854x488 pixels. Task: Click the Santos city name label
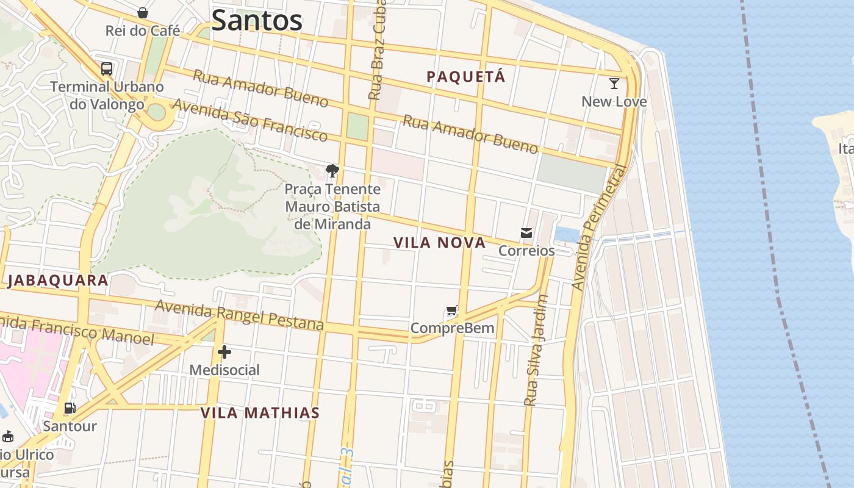(257, 20)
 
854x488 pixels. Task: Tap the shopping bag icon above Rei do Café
(143, 13)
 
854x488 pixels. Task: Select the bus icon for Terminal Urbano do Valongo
(107, 69)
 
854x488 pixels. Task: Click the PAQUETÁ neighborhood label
(466, 77)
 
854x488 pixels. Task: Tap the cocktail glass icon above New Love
(614, 84)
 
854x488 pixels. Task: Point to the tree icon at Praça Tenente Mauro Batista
(332, 171)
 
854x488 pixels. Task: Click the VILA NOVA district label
(439, 243)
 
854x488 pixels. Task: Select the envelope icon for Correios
(526, 233)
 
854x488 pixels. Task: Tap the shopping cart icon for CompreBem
(451, 311)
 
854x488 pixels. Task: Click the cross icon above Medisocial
(224, 352)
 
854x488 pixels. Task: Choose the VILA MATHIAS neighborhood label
(260, 413)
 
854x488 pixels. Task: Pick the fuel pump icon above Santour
(70, 408)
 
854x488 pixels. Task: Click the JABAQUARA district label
(58, 281)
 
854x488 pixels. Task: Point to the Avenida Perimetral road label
(599, 228)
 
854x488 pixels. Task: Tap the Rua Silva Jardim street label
(537, 351)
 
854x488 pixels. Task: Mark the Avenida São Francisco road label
(249, 120)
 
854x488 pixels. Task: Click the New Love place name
(614, 101)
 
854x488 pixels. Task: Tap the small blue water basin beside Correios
(567, 234)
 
